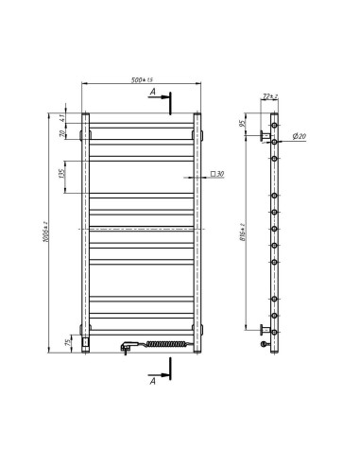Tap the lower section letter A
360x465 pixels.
pyautogui.click(x=152, y=380)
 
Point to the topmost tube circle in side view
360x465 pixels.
pyautogui.click(x=275, y=124)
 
